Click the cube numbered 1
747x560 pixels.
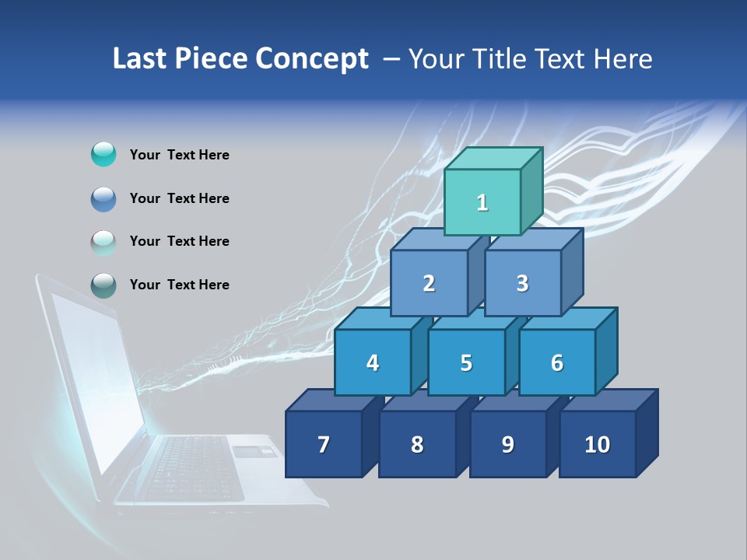482,202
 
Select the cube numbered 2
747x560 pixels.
429,283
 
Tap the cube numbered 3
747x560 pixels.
522,283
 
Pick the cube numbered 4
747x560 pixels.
373,362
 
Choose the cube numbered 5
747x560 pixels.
466,362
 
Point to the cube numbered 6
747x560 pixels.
557,362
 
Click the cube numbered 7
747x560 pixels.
324,444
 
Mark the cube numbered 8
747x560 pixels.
417,444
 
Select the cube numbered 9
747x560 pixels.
507,444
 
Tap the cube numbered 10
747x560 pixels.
598,444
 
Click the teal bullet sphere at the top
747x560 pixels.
103,155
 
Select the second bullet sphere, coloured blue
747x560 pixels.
103,198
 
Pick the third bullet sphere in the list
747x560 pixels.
103,242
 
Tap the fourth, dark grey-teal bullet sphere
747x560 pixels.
103,285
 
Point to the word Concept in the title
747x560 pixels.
312,59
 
